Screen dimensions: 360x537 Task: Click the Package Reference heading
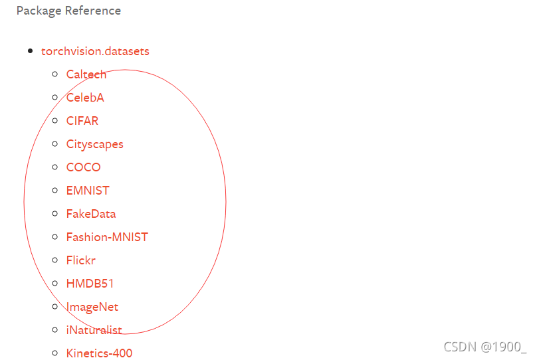68,11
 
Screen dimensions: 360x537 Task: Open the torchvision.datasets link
95,51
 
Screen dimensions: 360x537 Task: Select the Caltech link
86,74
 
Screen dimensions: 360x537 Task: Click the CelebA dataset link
85,98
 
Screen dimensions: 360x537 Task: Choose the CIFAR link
82,121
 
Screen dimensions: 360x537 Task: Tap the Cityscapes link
94,144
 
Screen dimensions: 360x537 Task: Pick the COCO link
84,167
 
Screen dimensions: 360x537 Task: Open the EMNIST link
88,191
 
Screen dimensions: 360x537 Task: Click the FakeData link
91,214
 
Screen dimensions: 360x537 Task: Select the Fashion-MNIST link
107,237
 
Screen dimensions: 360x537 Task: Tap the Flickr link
81,260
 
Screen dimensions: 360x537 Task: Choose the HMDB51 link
90,284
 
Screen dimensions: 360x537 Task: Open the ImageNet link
92,307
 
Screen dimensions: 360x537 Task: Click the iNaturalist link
94,330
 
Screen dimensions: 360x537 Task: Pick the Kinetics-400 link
99,353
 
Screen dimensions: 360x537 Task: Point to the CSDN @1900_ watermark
484,347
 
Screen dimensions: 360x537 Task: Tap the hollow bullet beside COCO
55,167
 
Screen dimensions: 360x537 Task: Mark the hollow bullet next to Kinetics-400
55,353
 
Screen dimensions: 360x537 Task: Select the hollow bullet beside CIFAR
55,121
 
